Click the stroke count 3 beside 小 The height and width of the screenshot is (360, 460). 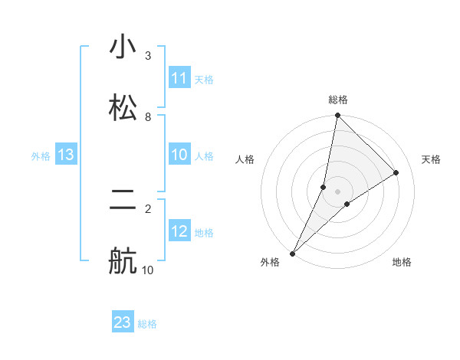(147, 56)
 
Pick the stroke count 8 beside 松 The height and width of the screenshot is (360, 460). (147, 116)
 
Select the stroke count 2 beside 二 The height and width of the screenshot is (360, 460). (147, 208)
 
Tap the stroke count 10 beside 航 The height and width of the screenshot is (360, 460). (147, 270)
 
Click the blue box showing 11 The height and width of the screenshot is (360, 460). (179, 78)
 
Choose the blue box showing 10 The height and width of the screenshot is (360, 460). (179, 155)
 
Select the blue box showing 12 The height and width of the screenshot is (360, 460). (179, 231)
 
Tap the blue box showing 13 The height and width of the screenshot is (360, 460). (66, 155)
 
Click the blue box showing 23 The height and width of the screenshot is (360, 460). (123, 322)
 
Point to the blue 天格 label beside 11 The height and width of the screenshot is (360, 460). (204, 79)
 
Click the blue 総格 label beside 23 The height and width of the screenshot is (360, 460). (147, 324)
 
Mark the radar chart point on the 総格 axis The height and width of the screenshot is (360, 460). (337, 116)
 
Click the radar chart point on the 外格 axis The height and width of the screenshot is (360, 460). (293, 253)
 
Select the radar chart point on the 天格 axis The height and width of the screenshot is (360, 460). (396, 173)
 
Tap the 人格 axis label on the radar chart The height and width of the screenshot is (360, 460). (245, 159)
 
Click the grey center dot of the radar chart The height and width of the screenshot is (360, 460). (337, 191)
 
